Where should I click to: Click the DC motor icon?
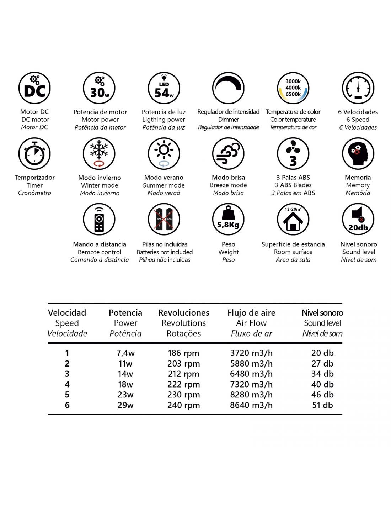pyautogui.click(x=34, y=88)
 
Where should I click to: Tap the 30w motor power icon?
pyautogui.click(x=99, y=88)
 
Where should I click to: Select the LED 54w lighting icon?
pyautogui.click(x=164, y=88)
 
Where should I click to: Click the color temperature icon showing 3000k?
pyautogui.click(x=293, y=88)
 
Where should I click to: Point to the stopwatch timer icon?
pyautogui.click(x=34, y=154)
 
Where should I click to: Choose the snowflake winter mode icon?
pyautogui.click(x=99, y=154)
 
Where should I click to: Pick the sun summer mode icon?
pyautogui.click(x=164, y=154)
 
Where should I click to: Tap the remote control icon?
pyautogui.click(x=99, y=219)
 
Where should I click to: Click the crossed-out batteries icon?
pyautogui.click(x=164, y=219)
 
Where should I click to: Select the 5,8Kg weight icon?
pyautogui.click(x=228, y=219)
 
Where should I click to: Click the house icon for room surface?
pyautogui.click(x=293, y=219)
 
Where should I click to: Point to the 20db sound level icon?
pyautogui.click(x=358, y=219)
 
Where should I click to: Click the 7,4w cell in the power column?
pyautogui.click(x=125, y=353)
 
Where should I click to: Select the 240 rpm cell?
pyautogui.click(x=183, y=405)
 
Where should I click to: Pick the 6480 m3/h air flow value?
pyautogui.click(x=251, y=374)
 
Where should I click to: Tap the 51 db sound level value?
pyautogui.click(x=322, y=405)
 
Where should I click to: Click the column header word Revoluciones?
pyautogui.click(x=183, y=313)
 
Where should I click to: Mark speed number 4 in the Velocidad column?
pyautogui.click(x=67, y=385)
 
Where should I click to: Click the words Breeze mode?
pyautogui.click(x=228, y=185)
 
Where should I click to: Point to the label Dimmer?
pyautogui.click(x=228, y=120)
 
